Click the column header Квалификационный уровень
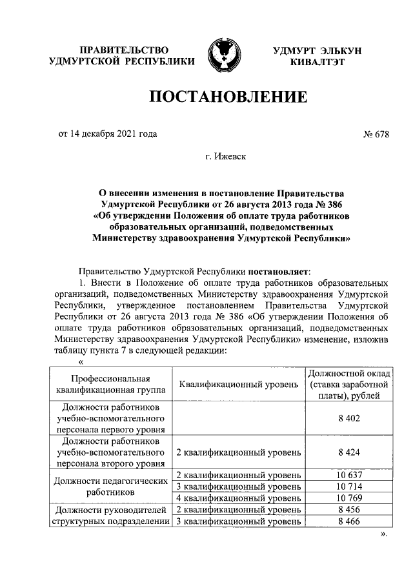point(237,385)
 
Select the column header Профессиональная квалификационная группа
point(110,385)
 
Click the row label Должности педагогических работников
point(110,486)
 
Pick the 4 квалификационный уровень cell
point(237,498)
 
